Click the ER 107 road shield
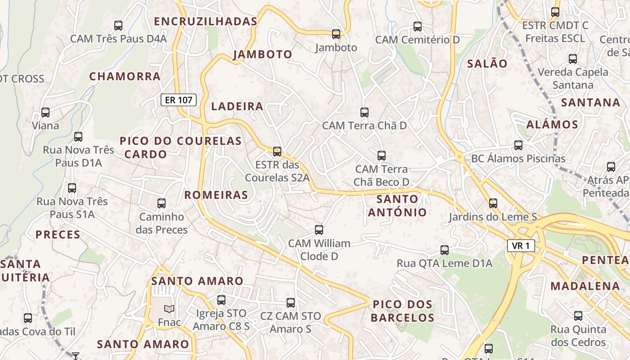pos(179,100)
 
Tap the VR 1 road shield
pos(521,246)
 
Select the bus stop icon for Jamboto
pos(336,34)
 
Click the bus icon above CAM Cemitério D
pos(418,26)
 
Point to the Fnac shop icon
pos(169,309)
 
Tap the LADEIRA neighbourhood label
pos(237,106)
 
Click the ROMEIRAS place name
pos(216,195)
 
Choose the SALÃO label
pos(487,63)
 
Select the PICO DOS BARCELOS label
pos(403,311)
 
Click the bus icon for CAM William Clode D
pos(319,230)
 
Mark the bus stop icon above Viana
pos(45,112)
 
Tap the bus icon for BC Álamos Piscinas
pos(518,145)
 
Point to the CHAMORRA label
pos(125,76)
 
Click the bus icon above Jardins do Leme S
pos(493,203)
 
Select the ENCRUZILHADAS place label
pos(206,21)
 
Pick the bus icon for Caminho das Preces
pos(162,203)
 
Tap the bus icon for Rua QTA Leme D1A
pos(445,250)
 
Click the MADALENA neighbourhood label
pos(585,286)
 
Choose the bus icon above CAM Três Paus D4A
pos(118,25)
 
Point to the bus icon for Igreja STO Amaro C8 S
pos(221,300)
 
